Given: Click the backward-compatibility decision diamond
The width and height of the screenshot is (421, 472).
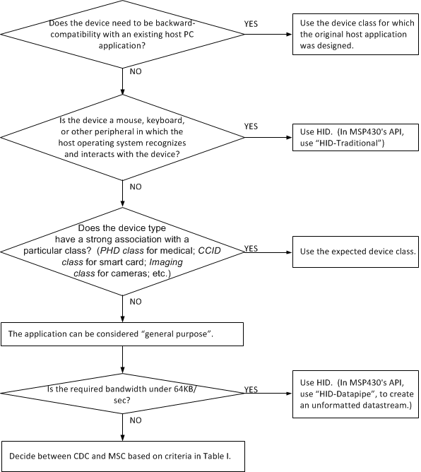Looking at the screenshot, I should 124,33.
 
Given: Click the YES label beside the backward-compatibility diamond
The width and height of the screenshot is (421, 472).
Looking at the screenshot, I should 251,23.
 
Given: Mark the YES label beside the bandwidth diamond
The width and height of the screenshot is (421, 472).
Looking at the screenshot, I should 251,389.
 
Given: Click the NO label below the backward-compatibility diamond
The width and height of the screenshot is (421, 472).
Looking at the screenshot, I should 134,72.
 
